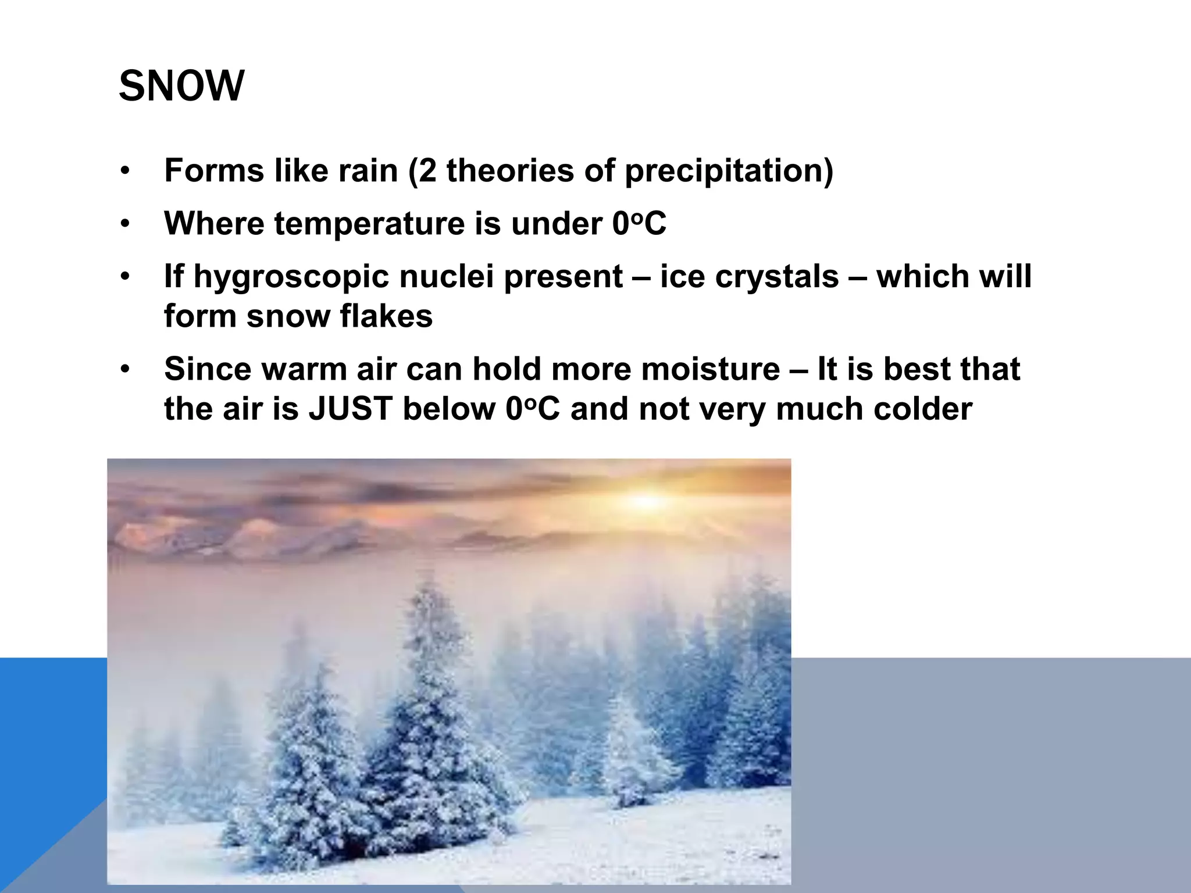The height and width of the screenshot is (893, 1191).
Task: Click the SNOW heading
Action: tap(181, 86)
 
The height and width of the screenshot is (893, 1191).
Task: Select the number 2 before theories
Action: tap(427, 171)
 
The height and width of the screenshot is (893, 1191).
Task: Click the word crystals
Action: tap(777, 277)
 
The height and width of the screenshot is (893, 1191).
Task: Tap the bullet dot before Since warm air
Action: tap(125, 370)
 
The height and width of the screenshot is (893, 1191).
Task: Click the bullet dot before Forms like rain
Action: tap(125, 172)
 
